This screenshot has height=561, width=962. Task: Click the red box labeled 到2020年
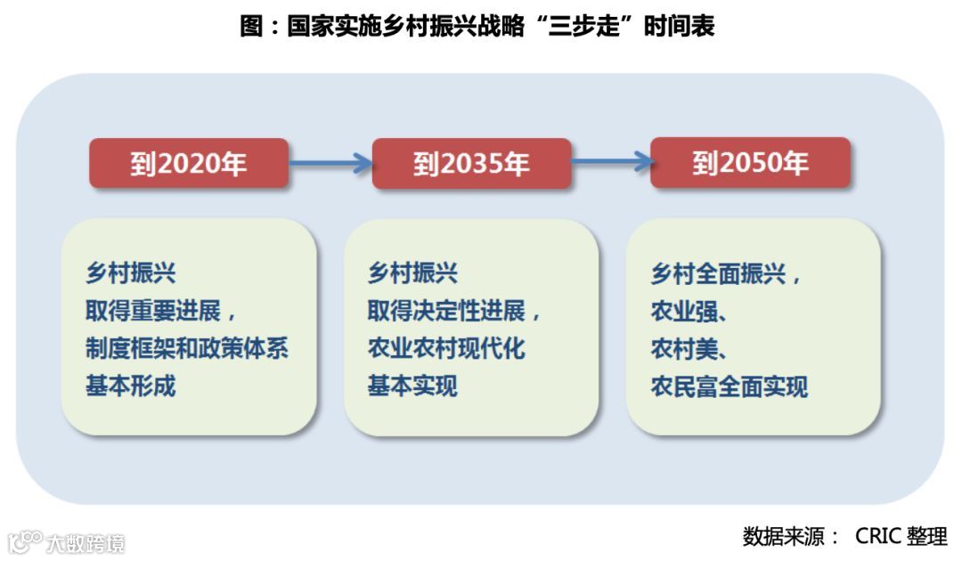[188, 164]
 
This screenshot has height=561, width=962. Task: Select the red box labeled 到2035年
[471, 164]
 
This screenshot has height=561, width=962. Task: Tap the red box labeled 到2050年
[750, 163]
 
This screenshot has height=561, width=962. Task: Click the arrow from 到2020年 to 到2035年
[330, 163]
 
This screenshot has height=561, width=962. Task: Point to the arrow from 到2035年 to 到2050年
[610, 161]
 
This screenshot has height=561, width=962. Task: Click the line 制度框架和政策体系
[187, 348]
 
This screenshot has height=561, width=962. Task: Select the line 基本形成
[131, 386]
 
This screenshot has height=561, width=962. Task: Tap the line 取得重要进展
[160, 311]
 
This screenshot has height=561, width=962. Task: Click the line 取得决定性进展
[454, 311]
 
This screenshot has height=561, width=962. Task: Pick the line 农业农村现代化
[446, 348]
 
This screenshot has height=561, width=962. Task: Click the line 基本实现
[412, 386]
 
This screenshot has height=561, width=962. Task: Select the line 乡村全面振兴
[725, 273]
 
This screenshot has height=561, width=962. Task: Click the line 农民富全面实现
[730, 386]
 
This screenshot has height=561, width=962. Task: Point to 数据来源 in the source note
[782, 536]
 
